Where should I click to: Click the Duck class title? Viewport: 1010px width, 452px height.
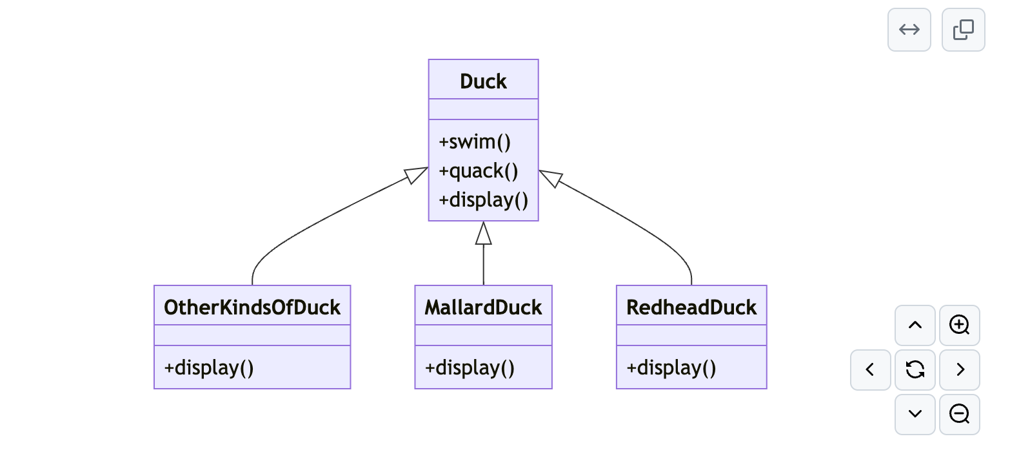pos(483,81)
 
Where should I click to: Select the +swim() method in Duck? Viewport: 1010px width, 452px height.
pos(475,142)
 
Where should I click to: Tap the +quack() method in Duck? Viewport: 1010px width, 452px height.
pos(479,171)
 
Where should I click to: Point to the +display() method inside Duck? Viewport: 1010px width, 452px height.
pos(484,200)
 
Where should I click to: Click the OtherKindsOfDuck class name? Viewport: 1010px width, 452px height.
pos(252,307)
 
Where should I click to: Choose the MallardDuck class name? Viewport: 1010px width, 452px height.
pos(483,307)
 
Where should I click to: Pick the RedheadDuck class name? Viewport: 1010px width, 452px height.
pos(691,307)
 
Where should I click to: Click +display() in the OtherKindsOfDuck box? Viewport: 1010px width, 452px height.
pos(209,367)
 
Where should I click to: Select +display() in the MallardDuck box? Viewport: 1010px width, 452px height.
pos(470,367)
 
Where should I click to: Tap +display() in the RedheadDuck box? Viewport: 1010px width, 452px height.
pos(671,367)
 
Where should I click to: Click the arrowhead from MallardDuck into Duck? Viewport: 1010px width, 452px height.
pos(484,233)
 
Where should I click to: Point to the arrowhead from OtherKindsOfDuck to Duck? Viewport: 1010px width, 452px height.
pos(417,174)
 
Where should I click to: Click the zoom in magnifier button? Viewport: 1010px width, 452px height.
pos(960,325)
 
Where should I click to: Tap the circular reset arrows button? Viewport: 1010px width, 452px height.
pos(915,370)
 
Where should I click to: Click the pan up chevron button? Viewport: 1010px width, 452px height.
pos(915,325)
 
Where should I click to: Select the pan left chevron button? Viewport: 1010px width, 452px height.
pos(871,370)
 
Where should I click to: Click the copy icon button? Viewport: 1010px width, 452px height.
pos(963,30)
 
